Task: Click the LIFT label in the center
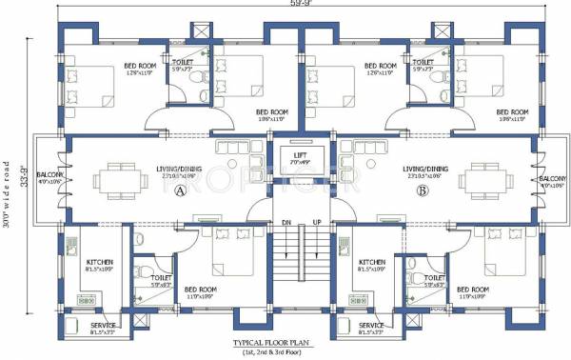pyautogui.click(x=300, y=154)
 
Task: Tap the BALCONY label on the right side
pyautogui.click(x=551, y=179)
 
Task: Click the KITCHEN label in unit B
pyautogui.click(x=372, y=261)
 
